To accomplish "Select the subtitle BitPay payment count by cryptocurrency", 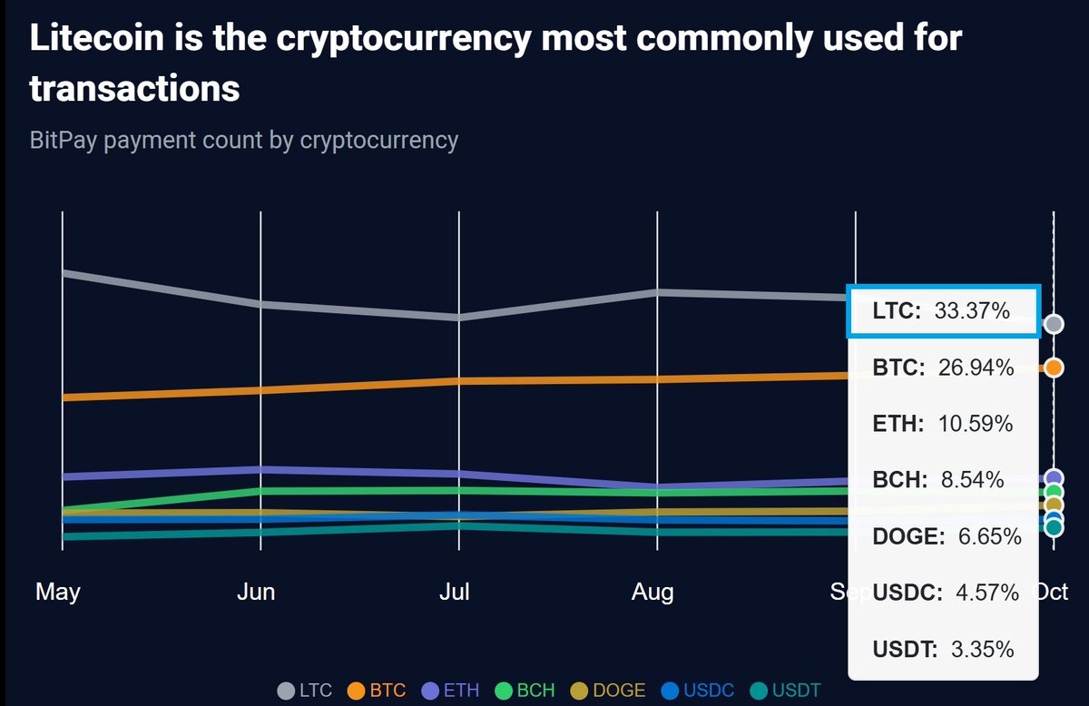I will coord(244,141).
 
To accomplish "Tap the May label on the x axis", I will coord(58,593).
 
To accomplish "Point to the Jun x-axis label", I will coord(256,593).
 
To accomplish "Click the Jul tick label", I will coord(455,593).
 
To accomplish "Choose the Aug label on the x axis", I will coord(652,593).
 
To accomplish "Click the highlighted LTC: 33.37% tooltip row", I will coord(941,312).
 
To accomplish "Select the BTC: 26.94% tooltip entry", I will coord(943,368).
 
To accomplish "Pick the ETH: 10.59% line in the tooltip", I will coord(943,424).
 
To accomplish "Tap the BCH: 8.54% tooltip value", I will coord(938,480).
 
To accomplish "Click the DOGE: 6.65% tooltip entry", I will coord(947,536).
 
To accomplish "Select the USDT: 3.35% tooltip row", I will coord(943,649).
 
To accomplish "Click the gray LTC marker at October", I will coord(1054,324).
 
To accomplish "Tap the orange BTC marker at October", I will coord(1054,368).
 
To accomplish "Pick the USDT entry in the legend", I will coord(781,691).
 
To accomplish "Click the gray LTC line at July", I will coord(459,317).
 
